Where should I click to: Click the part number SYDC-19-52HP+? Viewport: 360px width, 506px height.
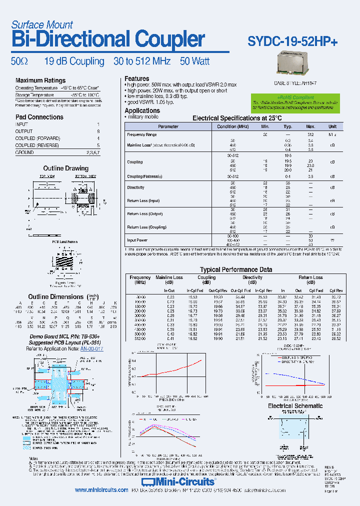[292, 42]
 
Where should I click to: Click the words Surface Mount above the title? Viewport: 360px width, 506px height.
[41, 24]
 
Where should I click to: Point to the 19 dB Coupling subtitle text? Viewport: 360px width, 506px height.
[74, 61]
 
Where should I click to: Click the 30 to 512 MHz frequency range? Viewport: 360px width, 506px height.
[142, 61]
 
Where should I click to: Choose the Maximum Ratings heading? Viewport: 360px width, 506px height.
[40, 80]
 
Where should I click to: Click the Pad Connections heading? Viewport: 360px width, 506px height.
[39, 117]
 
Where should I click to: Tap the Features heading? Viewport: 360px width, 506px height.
[137, 78]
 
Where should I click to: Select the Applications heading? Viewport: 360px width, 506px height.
[142, 110]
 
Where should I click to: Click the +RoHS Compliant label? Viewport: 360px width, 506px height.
[295, 98]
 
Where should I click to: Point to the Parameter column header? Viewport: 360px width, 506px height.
[168, 126]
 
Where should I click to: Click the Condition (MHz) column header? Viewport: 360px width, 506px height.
[232, 126]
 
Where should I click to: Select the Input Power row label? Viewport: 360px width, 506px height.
[137, 240]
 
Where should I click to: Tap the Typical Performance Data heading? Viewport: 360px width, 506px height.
[236, 269]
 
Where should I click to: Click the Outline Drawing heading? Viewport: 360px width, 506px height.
[65, 168]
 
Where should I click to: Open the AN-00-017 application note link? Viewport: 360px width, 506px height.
[90, 348]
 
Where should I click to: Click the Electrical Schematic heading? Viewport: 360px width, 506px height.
[295, 406]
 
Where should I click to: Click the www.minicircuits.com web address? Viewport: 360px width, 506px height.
[101, 490]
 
